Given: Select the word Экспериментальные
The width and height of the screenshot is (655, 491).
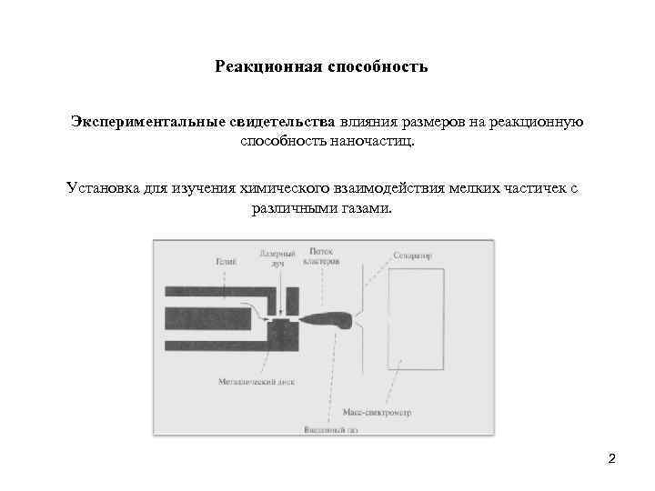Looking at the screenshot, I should pyautogui.click(x=136, y=123).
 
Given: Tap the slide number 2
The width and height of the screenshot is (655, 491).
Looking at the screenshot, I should pyautogui.click(x=612, y=458).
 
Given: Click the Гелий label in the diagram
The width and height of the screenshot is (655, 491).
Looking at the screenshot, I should pyautogui.click(x=225, y=262).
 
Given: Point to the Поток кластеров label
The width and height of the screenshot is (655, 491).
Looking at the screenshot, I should pyautogui.click(x=325, y=256).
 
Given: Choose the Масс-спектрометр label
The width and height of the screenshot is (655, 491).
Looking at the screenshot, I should pyautogui.click(x=378, y=412).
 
